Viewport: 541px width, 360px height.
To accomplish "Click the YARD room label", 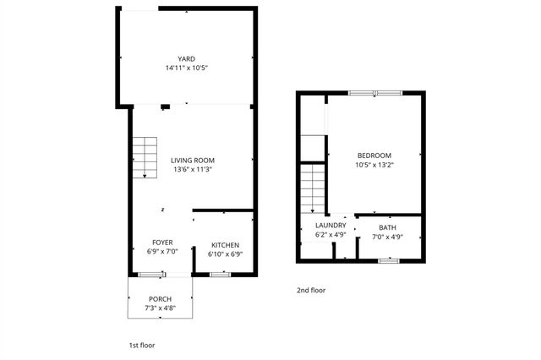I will [x=186, y=58].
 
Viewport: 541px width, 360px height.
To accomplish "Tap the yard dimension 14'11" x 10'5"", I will [x=186, y=68].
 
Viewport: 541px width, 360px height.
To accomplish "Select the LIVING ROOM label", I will [x=192, y=160].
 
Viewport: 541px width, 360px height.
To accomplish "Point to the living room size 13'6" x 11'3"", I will [x=192, y=169].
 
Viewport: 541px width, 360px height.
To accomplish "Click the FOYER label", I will [x=162, y=243].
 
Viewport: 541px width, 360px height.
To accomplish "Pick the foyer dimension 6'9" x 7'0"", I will [x=162, y=252].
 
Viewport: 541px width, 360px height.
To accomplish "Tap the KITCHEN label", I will [x=226, y=245].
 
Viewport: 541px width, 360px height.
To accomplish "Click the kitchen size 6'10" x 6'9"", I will [x=226, y=254].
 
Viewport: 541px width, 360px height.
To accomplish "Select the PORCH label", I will [x=160, y=299].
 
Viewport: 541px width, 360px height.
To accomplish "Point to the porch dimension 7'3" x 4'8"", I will [x=160, y=308].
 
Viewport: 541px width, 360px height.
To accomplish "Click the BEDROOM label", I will [x=374, y=155].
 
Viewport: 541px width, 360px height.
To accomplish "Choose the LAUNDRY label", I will [x=330, y=225].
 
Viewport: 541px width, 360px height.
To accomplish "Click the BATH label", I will [x=387, y=227].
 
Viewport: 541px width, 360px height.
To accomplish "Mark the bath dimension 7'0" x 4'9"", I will [x=387, y=237].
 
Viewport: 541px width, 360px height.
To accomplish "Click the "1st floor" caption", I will [x=141, y=345].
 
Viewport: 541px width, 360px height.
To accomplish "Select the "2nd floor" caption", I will [x=311, y=290].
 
